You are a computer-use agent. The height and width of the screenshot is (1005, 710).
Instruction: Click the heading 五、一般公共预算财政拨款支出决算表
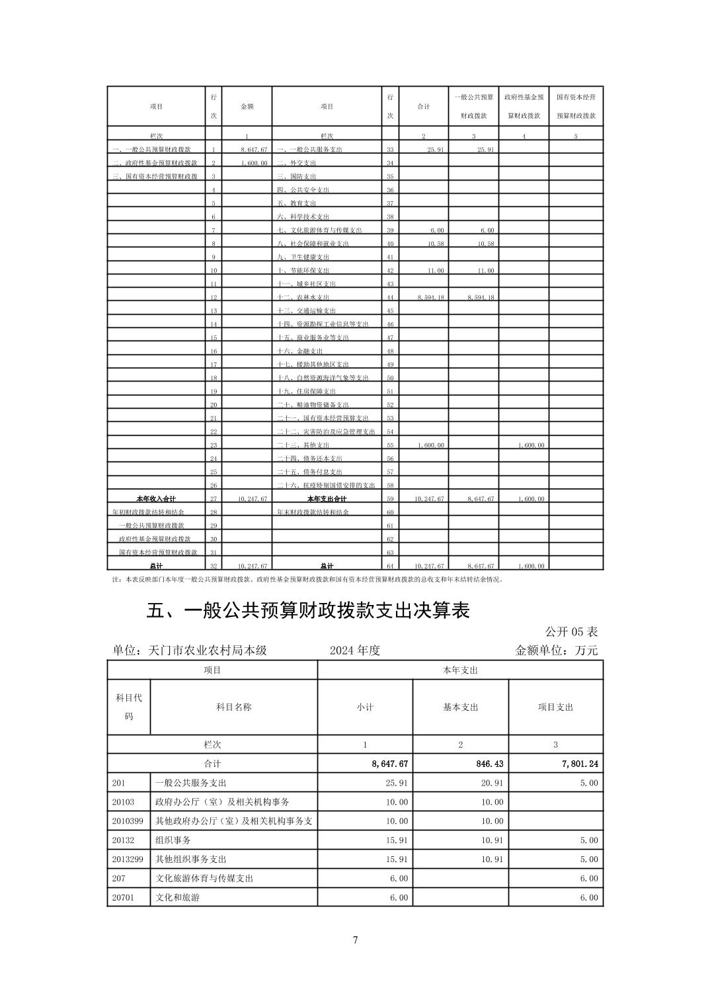[307, 610]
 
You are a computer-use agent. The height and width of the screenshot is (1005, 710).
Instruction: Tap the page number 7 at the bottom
[355, 940]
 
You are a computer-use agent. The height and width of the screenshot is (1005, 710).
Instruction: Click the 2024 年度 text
[355, 651]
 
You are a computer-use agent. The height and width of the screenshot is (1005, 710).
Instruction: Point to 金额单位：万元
[556, 651]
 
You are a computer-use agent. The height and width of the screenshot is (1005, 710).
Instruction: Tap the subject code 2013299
[128, 859]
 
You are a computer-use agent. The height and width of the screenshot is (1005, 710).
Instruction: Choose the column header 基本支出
[460, 707]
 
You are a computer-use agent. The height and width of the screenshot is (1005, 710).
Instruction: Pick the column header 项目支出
[555, 707]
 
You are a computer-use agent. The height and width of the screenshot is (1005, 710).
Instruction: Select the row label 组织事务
[173, 840]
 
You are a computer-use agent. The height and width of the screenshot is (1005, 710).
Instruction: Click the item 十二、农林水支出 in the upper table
[303, 298]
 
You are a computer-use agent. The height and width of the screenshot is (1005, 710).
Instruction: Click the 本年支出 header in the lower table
[460, 670]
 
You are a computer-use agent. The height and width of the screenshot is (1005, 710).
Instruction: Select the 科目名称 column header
[233, 707]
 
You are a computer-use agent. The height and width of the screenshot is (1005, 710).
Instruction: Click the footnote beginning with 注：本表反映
[308, 579]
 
